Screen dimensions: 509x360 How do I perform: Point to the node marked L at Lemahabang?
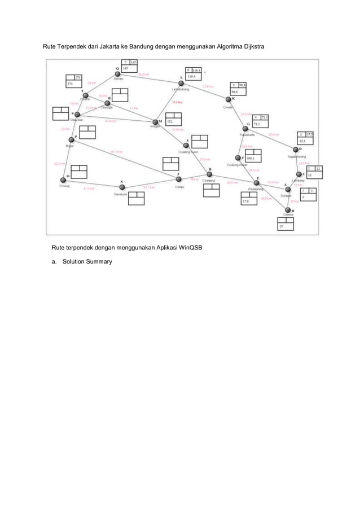[x=181, y=83]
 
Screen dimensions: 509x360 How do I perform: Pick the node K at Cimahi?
[x=229, y=99]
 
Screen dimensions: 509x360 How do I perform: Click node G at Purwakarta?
[x=245, y=129]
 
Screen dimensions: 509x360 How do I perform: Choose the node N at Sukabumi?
[x=122, y=187]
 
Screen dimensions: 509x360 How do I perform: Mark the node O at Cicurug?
[x=63, y=180]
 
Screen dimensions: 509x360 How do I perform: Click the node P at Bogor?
[x=71, y=139]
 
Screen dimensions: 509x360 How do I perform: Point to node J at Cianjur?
[x=179, y=179]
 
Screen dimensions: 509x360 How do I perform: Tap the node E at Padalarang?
[x=257, y=182]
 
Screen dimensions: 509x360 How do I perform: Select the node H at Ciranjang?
[x=209, y=174]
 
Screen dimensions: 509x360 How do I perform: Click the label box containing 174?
[x=73, y=80]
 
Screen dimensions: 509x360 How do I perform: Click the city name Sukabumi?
[x=121, y=194]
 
